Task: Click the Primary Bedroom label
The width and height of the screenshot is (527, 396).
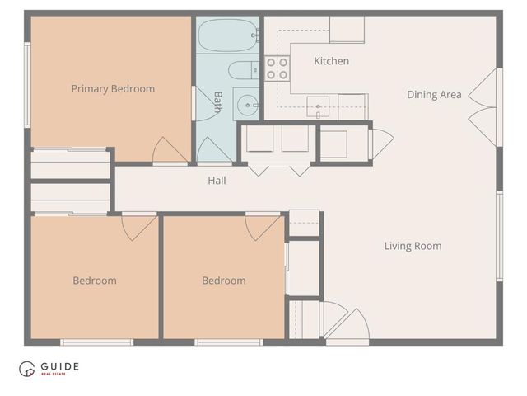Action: [113, 89]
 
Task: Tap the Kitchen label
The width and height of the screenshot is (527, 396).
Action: [331, 61]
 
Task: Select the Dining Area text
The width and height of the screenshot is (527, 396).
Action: [434, 95]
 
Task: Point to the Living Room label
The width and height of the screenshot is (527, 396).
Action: [413, 246]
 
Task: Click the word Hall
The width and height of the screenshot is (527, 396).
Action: [217, 181]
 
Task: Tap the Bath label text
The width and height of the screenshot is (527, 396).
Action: [218, 101]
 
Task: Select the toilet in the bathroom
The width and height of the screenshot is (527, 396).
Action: [241, 71]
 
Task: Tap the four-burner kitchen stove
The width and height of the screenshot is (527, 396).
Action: [277, 68]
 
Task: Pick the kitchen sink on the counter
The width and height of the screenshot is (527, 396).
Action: [319, 105]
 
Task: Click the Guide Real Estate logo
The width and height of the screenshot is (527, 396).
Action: [49, 369]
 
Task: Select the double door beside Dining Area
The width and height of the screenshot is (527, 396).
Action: [483, 107]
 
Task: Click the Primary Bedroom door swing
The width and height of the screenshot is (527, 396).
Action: [169, 150]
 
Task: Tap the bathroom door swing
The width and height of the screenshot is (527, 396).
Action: [213, 150]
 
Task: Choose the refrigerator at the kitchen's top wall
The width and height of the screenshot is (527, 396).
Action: [347, 30]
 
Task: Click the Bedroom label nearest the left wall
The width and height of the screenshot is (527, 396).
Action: [95, 280]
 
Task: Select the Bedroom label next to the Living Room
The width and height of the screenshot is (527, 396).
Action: [223, 280]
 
